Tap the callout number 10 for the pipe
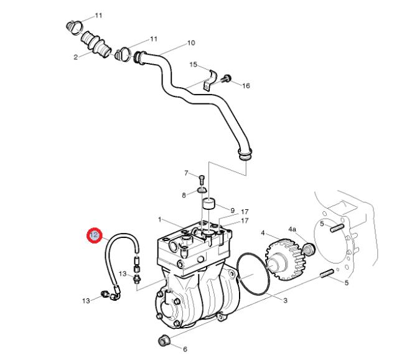tap(191, 43)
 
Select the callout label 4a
tap(293, 229)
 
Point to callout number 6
tap(185, 349)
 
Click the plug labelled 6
tap(163, 341)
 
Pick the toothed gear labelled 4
tap(285, 260)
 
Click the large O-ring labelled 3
tap(253, 274)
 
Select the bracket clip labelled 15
tap(210, 80)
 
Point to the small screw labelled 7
tap(202, 179)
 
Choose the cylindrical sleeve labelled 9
tap(209, 204)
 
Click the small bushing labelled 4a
tap(309, 249)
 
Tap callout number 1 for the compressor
tap(159, 220)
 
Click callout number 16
tap(246, 86)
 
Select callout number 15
tap(194, 65)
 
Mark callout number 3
tap(285, 301)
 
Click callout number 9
tap(232, 211)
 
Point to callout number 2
tap(76, 57)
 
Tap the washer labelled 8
tap(202, 190)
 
